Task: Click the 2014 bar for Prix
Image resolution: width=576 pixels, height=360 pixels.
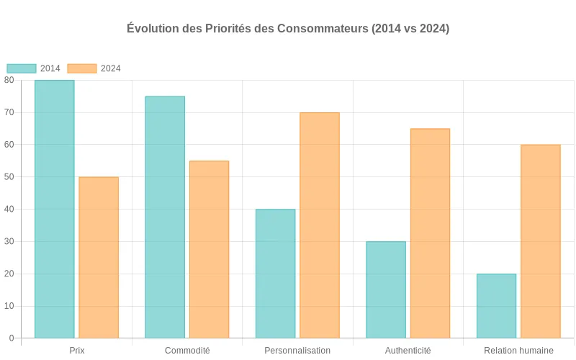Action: pos(54,209)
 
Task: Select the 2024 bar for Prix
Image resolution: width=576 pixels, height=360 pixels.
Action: pos(99,257)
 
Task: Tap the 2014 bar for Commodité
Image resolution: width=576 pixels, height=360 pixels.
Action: pos(165,217)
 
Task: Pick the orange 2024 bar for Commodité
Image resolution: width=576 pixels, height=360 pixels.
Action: pos(209,249)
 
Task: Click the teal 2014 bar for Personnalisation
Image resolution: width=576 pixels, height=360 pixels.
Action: pos(275,274)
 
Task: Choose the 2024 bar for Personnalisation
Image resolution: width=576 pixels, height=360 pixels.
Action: pos(320,225)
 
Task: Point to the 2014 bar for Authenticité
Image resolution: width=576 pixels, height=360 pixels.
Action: pos(386,289)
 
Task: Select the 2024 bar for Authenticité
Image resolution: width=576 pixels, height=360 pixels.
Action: pos(430,233)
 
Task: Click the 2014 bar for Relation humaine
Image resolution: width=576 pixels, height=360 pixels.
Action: pos(496,306)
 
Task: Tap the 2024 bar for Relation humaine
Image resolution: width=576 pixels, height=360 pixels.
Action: pos(541,241)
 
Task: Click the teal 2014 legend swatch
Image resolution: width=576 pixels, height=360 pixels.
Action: pos(22,68)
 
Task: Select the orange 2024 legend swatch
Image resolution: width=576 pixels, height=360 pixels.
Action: pos(82,68)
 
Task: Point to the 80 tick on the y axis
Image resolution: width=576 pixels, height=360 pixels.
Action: pos(9,80)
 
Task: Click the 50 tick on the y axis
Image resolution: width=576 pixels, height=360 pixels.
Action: pos(9,176)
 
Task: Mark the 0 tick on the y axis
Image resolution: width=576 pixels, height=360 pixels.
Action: pos(12,338)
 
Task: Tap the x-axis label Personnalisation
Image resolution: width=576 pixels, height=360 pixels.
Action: pos(297,351)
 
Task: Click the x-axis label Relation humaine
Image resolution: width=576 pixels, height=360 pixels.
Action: pos(518,351)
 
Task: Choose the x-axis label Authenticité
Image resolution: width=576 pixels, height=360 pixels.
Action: pos(408,351)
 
